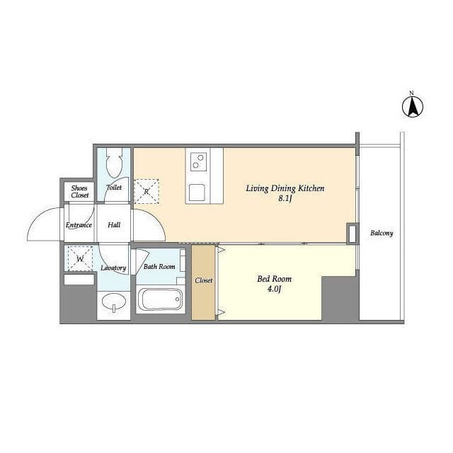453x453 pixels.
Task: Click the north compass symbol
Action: coord(413,106)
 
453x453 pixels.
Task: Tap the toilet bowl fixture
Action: coord(115,163)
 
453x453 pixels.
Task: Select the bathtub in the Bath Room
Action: coord(161,299)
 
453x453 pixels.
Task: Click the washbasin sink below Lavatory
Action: coord(114,302)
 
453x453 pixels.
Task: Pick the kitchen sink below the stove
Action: coord(197,193)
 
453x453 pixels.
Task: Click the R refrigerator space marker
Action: coord(147,191)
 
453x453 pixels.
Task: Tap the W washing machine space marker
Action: coord(80,258)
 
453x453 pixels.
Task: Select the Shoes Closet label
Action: coord(79,192)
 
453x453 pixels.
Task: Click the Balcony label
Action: coord(382,233)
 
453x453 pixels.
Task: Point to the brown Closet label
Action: coord(204,280)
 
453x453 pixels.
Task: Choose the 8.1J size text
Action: coord(285,199)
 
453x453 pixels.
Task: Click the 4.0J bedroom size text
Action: coord(274,289)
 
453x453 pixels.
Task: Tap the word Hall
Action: coord(114,225)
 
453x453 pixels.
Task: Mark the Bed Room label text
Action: coord(275,279)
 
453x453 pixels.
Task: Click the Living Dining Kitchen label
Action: coord(285,189)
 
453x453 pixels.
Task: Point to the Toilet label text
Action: coord(114,188)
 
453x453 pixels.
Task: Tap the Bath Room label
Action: coord(159,266)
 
